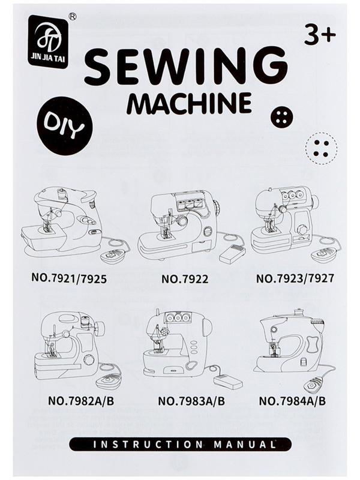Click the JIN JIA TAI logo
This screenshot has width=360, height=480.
48,41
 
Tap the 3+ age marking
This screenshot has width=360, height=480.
320,35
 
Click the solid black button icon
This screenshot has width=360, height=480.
282,117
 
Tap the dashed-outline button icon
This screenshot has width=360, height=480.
322,148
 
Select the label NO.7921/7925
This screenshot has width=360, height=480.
69,278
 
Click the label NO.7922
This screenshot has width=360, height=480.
185,278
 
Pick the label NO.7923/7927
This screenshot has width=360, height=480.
295,278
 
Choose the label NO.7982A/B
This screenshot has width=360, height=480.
81,401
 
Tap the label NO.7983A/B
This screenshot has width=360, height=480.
191,401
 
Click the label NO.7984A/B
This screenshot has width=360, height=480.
292,401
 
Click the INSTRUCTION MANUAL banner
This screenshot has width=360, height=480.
181,445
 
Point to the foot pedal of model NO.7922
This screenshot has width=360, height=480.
232,254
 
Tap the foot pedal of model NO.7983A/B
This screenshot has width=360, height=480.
229,382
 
